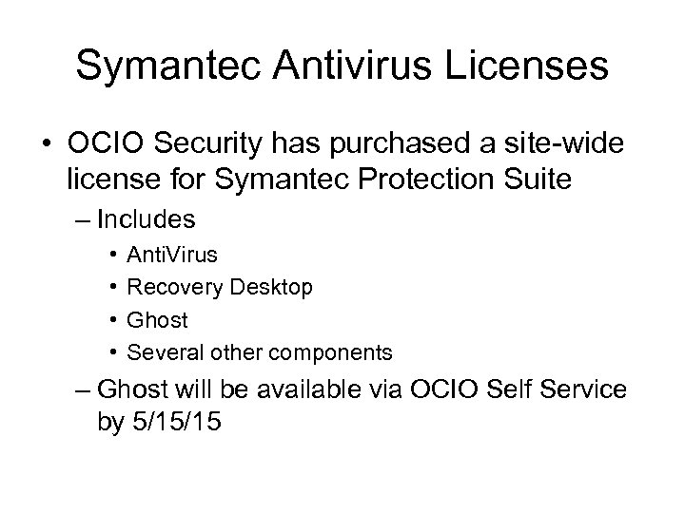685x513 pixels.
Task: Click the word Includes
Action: pos(147,220)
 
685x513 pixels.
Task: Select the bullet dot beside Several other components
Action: pos(113,352)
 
